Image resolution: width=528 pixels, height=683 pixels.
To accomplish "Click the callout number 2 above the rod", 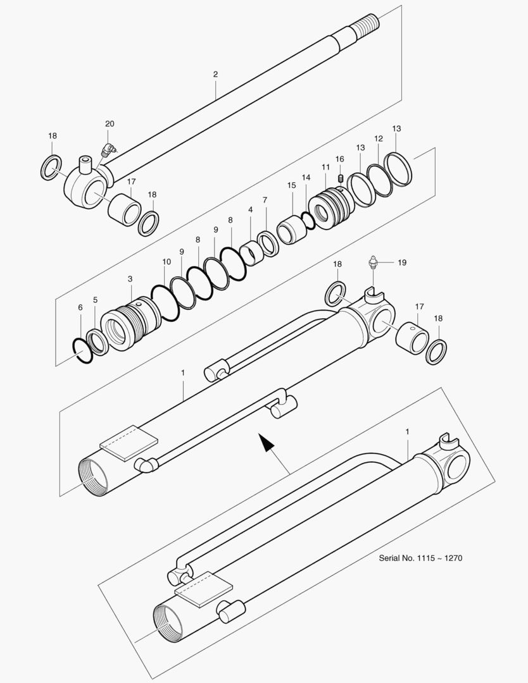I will click(215, 75).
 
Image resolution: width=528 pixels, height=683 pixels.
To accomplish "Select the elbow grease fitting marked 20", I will click(108, 149).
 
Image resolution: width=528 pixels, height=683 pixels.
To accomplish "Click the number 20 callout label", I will click(110, 123).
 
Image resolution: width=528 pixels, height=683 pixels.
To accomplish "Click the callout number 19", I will click(401, 262).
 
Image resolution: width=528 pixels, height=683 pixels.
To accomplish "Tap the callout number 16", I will click(339, 159).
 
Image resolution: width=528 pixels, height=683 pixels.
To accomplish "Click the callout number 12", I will click(378, 138).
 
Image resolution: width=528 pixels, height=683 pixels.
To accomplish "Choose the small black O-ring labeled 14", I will click(308, 219).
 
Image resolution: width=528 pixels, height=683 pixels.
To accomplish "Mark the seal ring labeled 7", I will click(267, 244).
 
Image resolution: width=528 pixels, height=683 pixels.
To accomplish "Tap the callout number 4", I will click(251, 209).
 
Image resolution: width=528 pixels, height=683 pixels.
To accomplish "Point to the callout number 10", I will click(167, 261).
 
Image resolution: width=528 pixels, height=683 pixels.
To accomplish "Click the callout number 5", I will click(96, 300).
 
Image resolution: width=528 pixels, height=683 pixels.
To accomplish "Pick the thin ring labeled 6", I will click(82, 350).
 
